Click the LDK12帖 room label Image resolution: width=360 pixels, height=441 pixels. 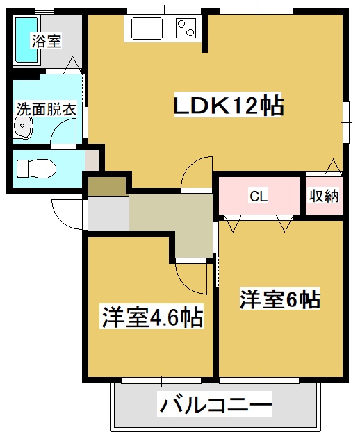(227, 106)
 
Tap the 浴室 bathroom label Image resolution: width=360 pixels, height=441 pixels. (47, 41)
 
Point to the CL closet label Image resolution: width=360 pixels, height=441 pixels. (258, 196)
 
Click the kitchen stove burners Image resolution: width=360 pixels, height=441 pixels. (186, 30)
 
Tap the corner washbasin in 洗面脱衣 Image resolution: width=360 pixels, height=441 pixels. (23, 129)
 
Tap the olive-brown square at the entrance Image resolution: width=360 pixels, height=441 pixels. (106, 185)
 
